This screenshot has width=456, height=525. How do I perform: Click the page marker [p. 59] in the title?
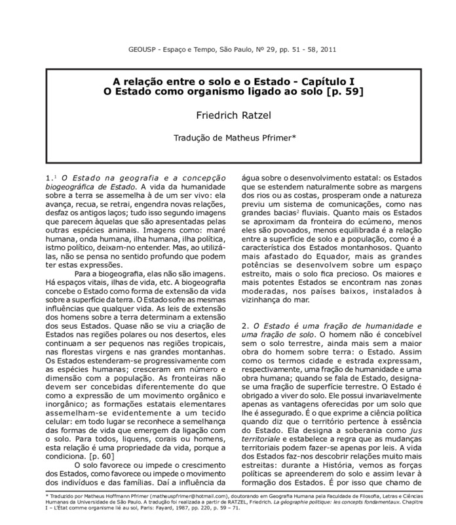pos(337,91)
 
